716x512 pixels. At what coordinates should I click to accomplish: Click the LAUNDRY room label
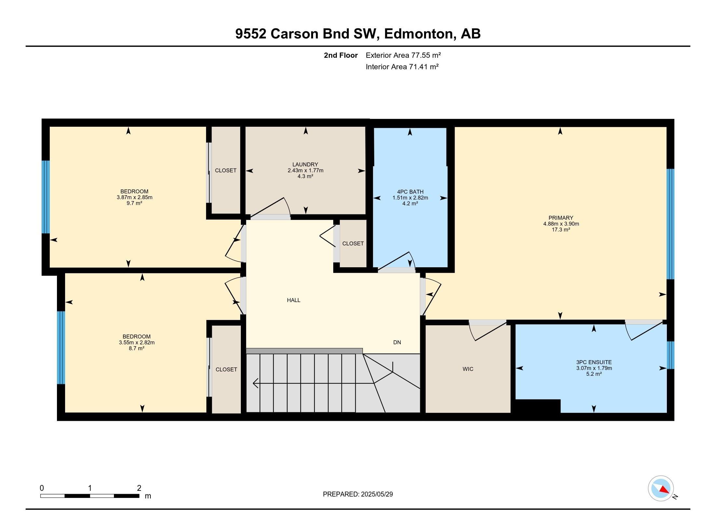click(x=305, y=165)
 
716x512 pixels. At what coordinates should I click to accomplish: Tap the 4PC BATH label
click(x=410, y=192)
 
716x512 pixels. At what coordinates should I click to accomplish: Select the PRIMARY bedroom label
click(x=561, y=218)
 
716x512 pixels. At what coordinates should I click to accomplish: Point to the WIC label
click(x=468, y=369)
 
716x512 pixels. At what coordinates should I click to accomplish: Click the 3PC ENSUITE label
click(x=594, y=362)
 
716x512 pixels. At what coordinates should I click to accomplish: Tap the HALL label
click(x=294, y=300)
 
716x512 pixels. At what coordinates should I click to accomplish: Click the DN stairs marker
click(x=397, y=342)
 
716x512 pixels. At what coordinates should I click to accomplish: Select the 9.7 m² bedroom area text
click(x=134, y=203)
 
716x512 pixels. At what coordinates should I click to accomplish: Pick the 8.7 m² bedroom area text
click(x=136, y=348)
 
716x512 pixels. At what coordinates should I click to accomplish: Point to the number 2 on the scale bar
click(x=139, y=488)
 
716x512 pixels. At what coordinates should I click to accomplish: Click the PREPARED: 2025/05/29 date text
click(x=358, y=494)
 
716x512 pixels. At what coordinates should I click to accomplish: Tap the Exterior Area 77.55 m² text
click(x=403, y=55)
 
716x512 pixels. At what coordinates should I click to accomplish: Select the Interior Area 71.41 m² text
click(x=402, y=67)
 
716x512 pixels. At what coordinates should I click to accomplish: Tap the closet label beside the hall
click(x=353, y=243)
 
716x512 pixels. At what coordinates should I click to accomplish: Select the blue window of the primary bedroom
click(x=670, y=224)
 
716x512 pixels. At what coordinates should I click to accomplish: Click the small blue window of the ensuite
click(x=670, y=355)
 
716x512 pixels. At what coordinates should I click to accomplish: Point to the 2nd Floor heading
click(x=340, y=55)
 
